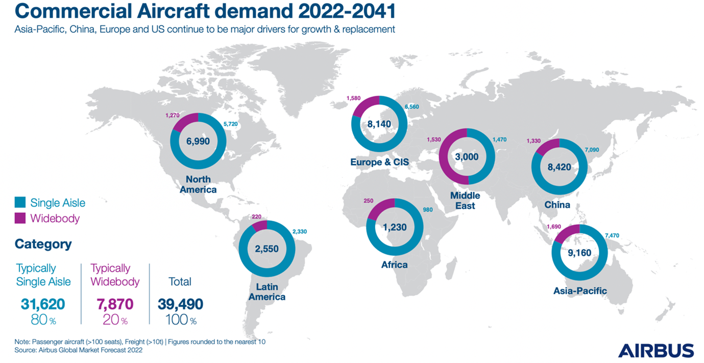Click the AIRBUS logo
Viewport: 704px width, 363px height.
click(x=656, y=350)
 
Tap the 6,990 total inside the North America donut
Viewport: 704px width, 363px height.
click(x=198, y=141)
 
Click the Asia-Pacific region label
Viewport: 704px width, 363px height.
click(x=580, y=291)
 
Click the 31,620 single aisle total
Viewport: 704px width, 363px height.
click(x=43, y=304)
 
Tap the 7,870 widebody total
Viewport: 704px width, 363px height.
click(x=115, y=304)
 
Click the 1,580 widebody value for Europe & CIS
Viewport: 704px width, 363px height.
click(x=353, y=98)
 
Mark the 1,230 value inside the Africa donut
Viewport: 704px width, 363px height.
click(x=394, y=227)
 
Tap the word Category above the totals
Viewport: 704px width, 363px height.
click(x=43, y=244)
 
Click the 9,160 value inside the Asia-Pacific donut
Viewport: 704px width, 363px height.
click(x=579, y=252)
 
